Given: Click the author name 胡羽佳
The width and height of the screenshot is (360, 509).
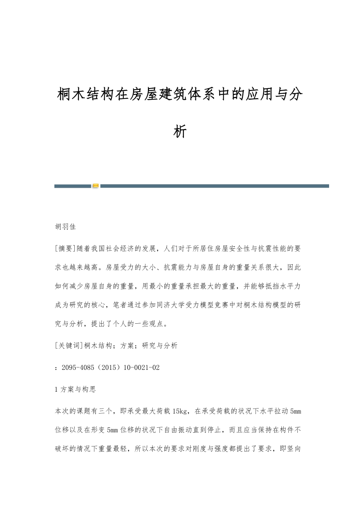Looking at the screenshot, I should point(65,227).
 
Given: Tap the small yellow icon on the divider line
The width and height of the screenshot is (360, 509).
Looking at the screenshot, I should point(95,186).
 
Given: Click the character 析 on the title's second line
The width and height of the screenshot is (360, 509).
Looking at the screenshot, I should point(180,132).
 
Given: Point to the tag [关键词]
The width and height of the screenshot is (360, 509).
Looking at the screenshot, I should point(67,345).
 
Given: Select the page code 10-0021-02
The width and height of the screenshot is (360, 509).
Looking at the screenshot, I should point(142,367).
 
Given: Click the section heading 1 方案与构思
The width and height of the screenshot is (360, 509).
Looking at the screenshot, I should point(76,389).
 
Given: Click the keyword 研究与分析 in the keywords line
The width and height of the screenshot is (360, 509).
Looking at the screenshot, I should point(160,345).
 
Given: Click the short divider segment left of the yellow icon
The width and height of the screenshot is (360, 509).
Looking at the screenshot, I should point(73,186).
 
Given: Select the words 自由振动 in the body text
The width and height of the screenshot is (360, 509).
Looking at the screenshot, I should point(184,430).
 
